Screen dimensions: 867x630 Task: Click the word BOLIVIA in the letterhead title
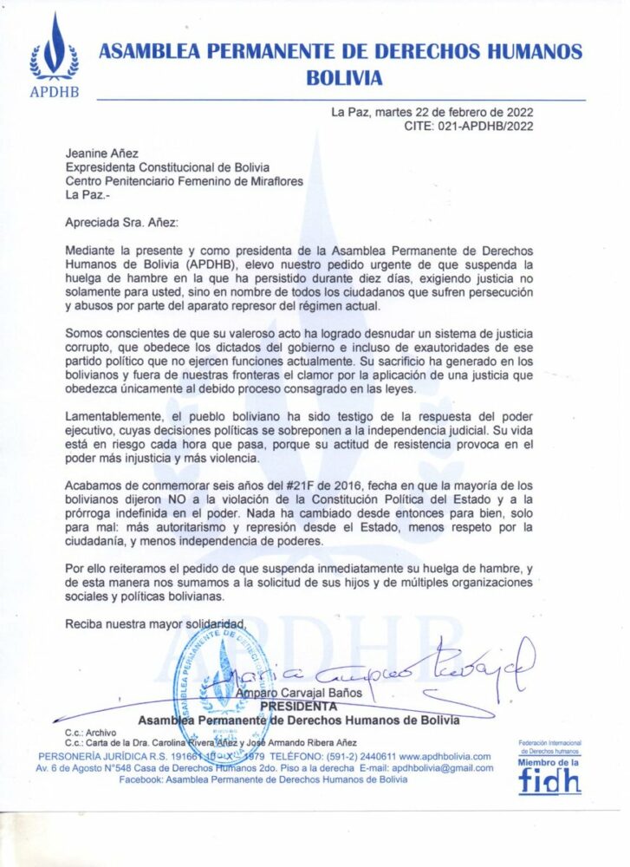(343, 78)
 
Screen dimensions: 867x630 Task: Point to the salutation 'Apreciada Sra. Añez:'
(120, 223)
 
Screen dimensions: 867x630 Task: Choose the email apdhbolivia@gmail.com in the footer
(442, 768)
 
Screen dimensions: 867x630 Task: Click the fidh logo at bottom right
(549, 778)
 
